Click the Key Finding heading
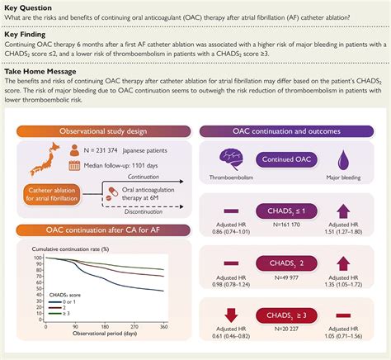click(27, 38)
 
